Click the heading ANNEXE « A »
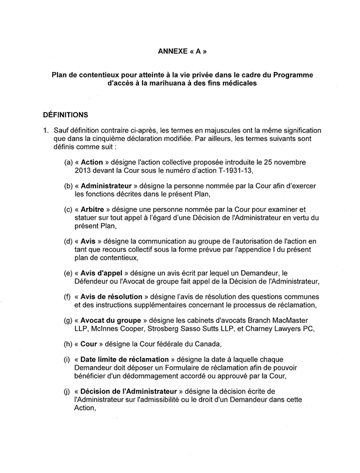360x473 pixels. pyautogui.click(x=182, y=51)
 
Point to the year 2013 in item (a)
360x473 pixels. pyautogui.click(x=84, y=170)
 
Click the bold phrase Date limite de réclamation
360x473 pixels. pyautogui.click(x=131, y=360)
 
